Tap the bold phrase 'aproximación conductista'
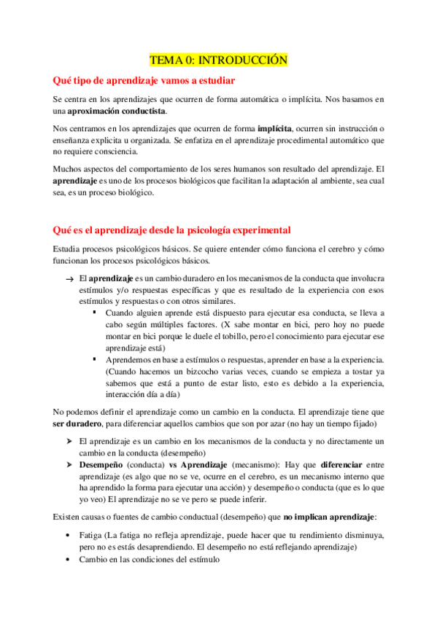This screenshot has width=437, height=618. pos(117,111)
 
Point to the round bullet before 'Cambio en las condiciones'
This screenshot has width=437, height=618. pos(69,560)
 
